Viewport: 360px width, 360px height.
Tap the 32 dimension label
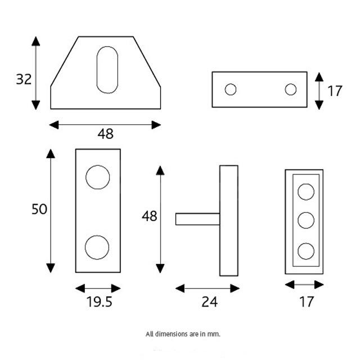pyautogui.click(x=24, y=79)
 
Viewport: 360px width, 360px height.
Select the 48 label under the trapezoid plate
pyautogui.click(x=105, y=134)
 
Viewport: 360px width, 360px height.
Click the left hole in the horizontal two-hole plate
pyautogui.click(x=230, y=89)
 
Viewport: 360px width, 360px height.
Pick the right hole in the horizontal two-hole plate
pyautogui.click(x=290, y=89)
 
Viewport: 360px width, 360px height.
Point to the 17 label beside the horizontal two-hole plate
pyautogui.click(x=335, y=91)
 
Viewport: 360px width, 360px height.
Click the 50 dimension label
pyautogui.click(x=39, y=209)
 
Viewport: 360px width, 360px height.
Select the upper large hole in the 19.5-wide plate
pyautogui.click(x=97, y=177)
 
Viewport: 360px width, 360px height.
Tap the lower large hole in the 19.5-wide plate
pyautogui.click(x=97, y=247)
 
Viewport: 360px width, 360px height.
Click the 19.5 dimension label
pyautogui.click(x=99, y=302)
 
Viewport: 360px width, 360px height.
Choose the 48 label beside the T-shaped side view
pyautogui.click(x=149, y=216)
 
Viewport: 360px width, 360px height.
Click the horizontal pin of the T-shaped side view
pyautogui.click(x=197, y=219)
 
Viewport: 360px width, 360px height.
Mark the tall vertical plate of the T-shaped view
pyautogui.click(x=228, y=220)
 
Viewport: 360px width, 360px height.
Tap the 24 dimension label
pyautogui.click(x=209, y=302)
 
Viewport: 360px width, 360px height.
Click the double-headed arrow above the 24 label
pyautogui.click(x=208, y=288)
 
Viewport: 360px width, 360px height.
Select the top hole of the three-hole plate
pyautogui.click(x=305, y=192)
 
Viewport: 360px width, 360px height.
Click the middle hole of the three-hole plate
pyautogui.click(x=305, y=220)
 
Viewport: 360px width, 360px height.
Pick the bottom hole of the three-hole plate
pyautogui.click(x=305, y=250)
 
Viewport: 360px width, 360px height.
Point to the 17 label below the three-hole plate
pyautogui.click(x=305, y=302)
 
